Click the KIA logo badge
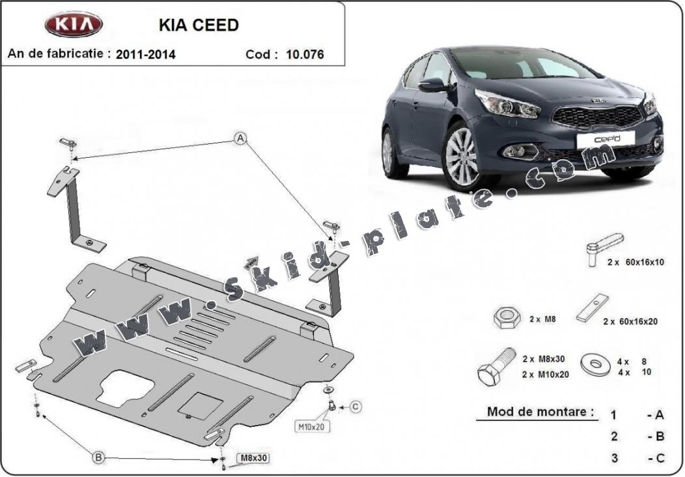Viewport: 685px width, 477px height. click(74, 24)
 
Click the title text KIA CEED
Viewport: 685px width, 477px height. click(199, 25)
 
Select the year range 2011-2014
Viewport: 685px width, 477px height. click(145, 54)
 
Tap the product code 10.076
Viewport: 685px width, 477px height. click(305, 54)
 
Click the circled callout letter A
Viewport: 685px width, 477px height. click(240, 139)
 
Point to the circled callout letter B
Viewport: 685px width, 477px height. click(99, 457)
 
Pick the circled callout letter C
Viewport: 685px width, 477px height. click(356, 407)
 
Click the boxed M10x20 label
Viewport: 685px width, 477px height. click(312, 426)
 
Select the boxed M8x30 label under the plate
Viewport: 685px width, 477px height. click(253, 457)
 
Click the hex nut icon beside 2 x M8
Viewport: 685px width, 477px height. click(507, 318)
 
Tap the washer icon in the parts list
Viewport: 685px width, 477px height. click(595, 364)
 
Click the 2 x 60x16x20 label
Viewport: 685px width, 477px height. click(630, 321)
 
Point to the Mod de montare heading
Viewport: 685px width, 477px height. click(541, 412)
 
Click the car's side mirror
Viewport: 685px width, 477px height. click(432, 85)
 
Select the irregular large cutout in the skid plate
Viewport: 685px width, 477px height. click(126, 388)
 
